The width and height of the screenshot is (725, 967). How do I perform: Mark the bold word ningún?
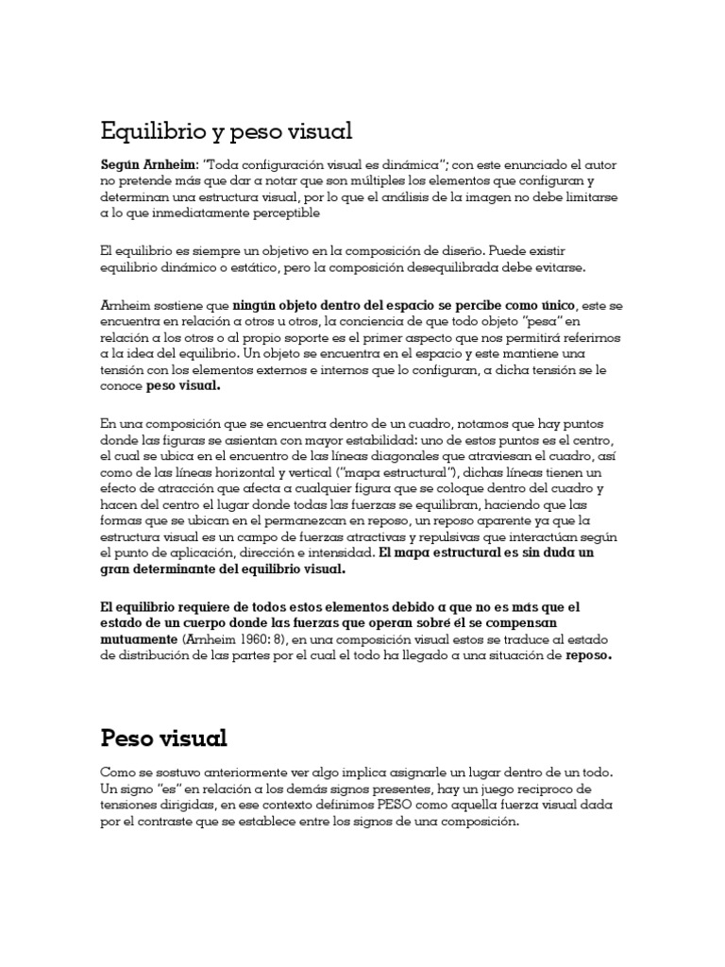(x=255, y=306)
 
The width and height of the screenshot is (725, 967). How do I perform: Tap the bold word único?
(x=554, y=306)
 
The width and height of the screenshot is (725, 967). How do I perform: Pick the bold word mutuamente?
(x=141, y=639)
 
